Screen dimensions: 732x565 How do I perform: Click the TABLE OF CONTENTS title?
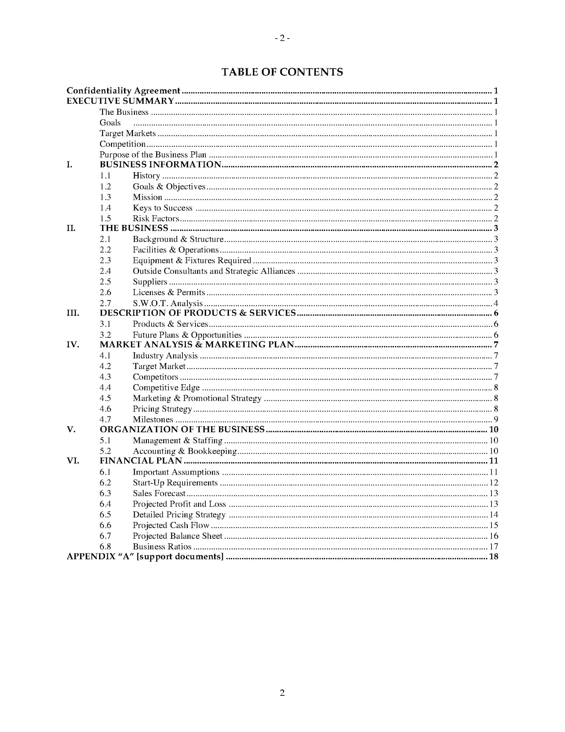[x=282, y=72]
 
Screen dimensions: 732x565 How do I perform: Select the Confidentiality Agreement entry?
[x=123, y=91]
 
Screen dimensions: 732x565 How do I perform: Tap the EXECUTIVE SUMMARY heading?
[x=120, y=101]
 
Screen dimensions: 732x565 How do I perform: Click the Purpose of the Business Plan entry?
[x=153, y=155]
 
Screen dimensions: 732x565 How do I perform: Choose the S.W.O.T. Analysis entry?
[x=168, y=303]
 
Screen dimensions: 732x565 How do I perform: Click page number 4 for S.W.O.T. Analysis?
[x=496, y=303]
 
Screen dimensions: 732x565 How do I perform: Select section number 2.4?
[x=105, y=271]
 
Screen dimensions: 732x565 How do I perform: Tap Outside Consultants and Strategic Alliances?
[x=214, y=271]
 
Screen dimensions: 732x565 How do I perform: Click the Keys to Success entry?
[x=162, y=208]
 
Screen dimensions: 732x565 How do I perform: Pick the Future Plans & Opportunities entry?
[x=187, y=335]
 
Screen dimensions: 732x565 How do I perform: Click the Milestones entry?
[x=153, y=420]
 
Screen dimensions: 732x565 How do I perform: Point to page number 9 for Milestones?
[x=496, y=420]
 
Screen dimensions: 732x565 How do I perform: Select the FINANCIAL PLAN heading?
[x=141, y=461]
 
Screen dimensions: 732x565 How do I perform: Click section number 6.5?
[x=105, y=515]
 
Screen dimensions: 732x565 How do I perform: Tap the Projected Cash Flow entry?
[x=171, y=525]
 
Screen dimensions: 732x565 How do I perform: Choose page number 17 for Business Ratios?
[x=493, y=547]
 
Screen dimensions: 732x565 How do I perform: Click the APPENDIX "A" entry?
[x=145, y=557]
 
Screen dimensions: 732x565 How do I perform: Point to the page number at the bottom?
[x=282, y=693]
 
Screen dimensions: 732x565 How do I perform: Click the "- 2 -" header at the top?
[x=282, y=38]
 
